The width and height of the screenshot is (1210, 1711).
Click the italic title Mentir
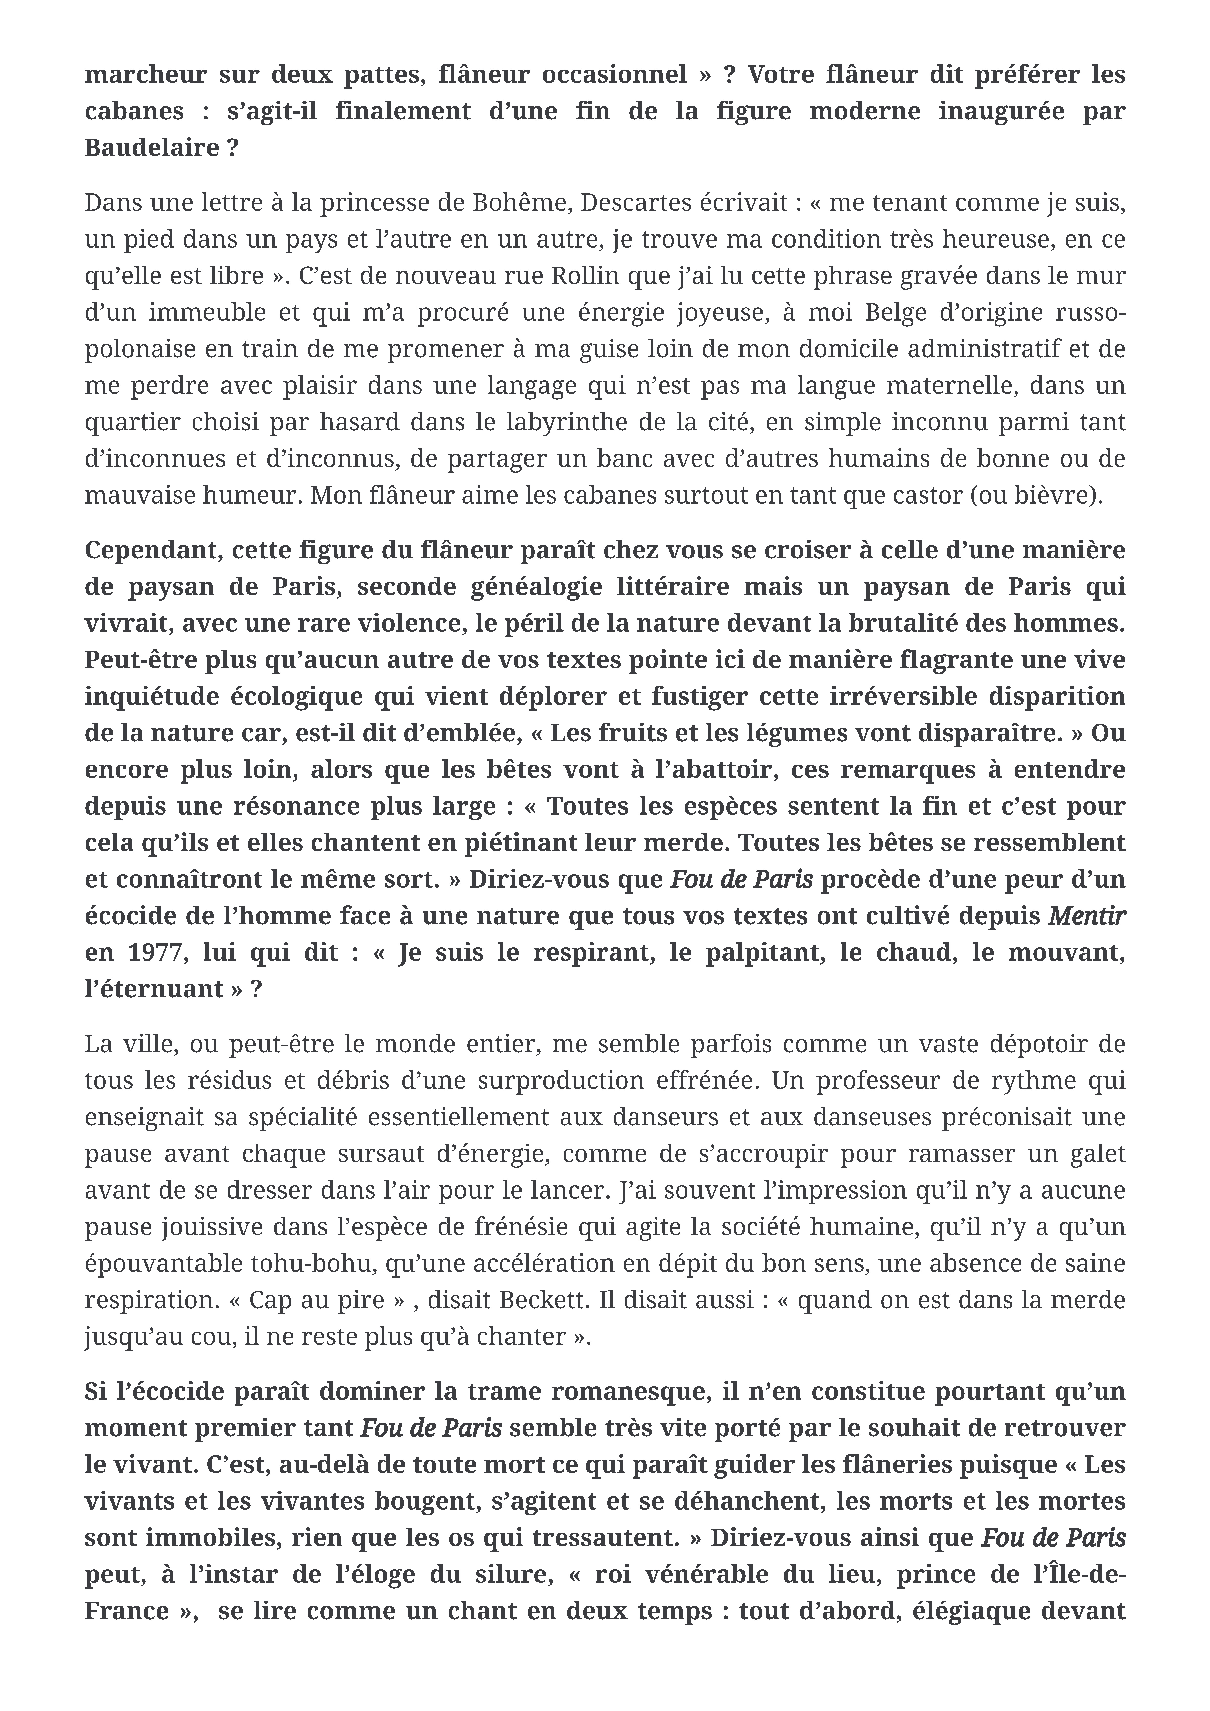(1086, 915)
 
